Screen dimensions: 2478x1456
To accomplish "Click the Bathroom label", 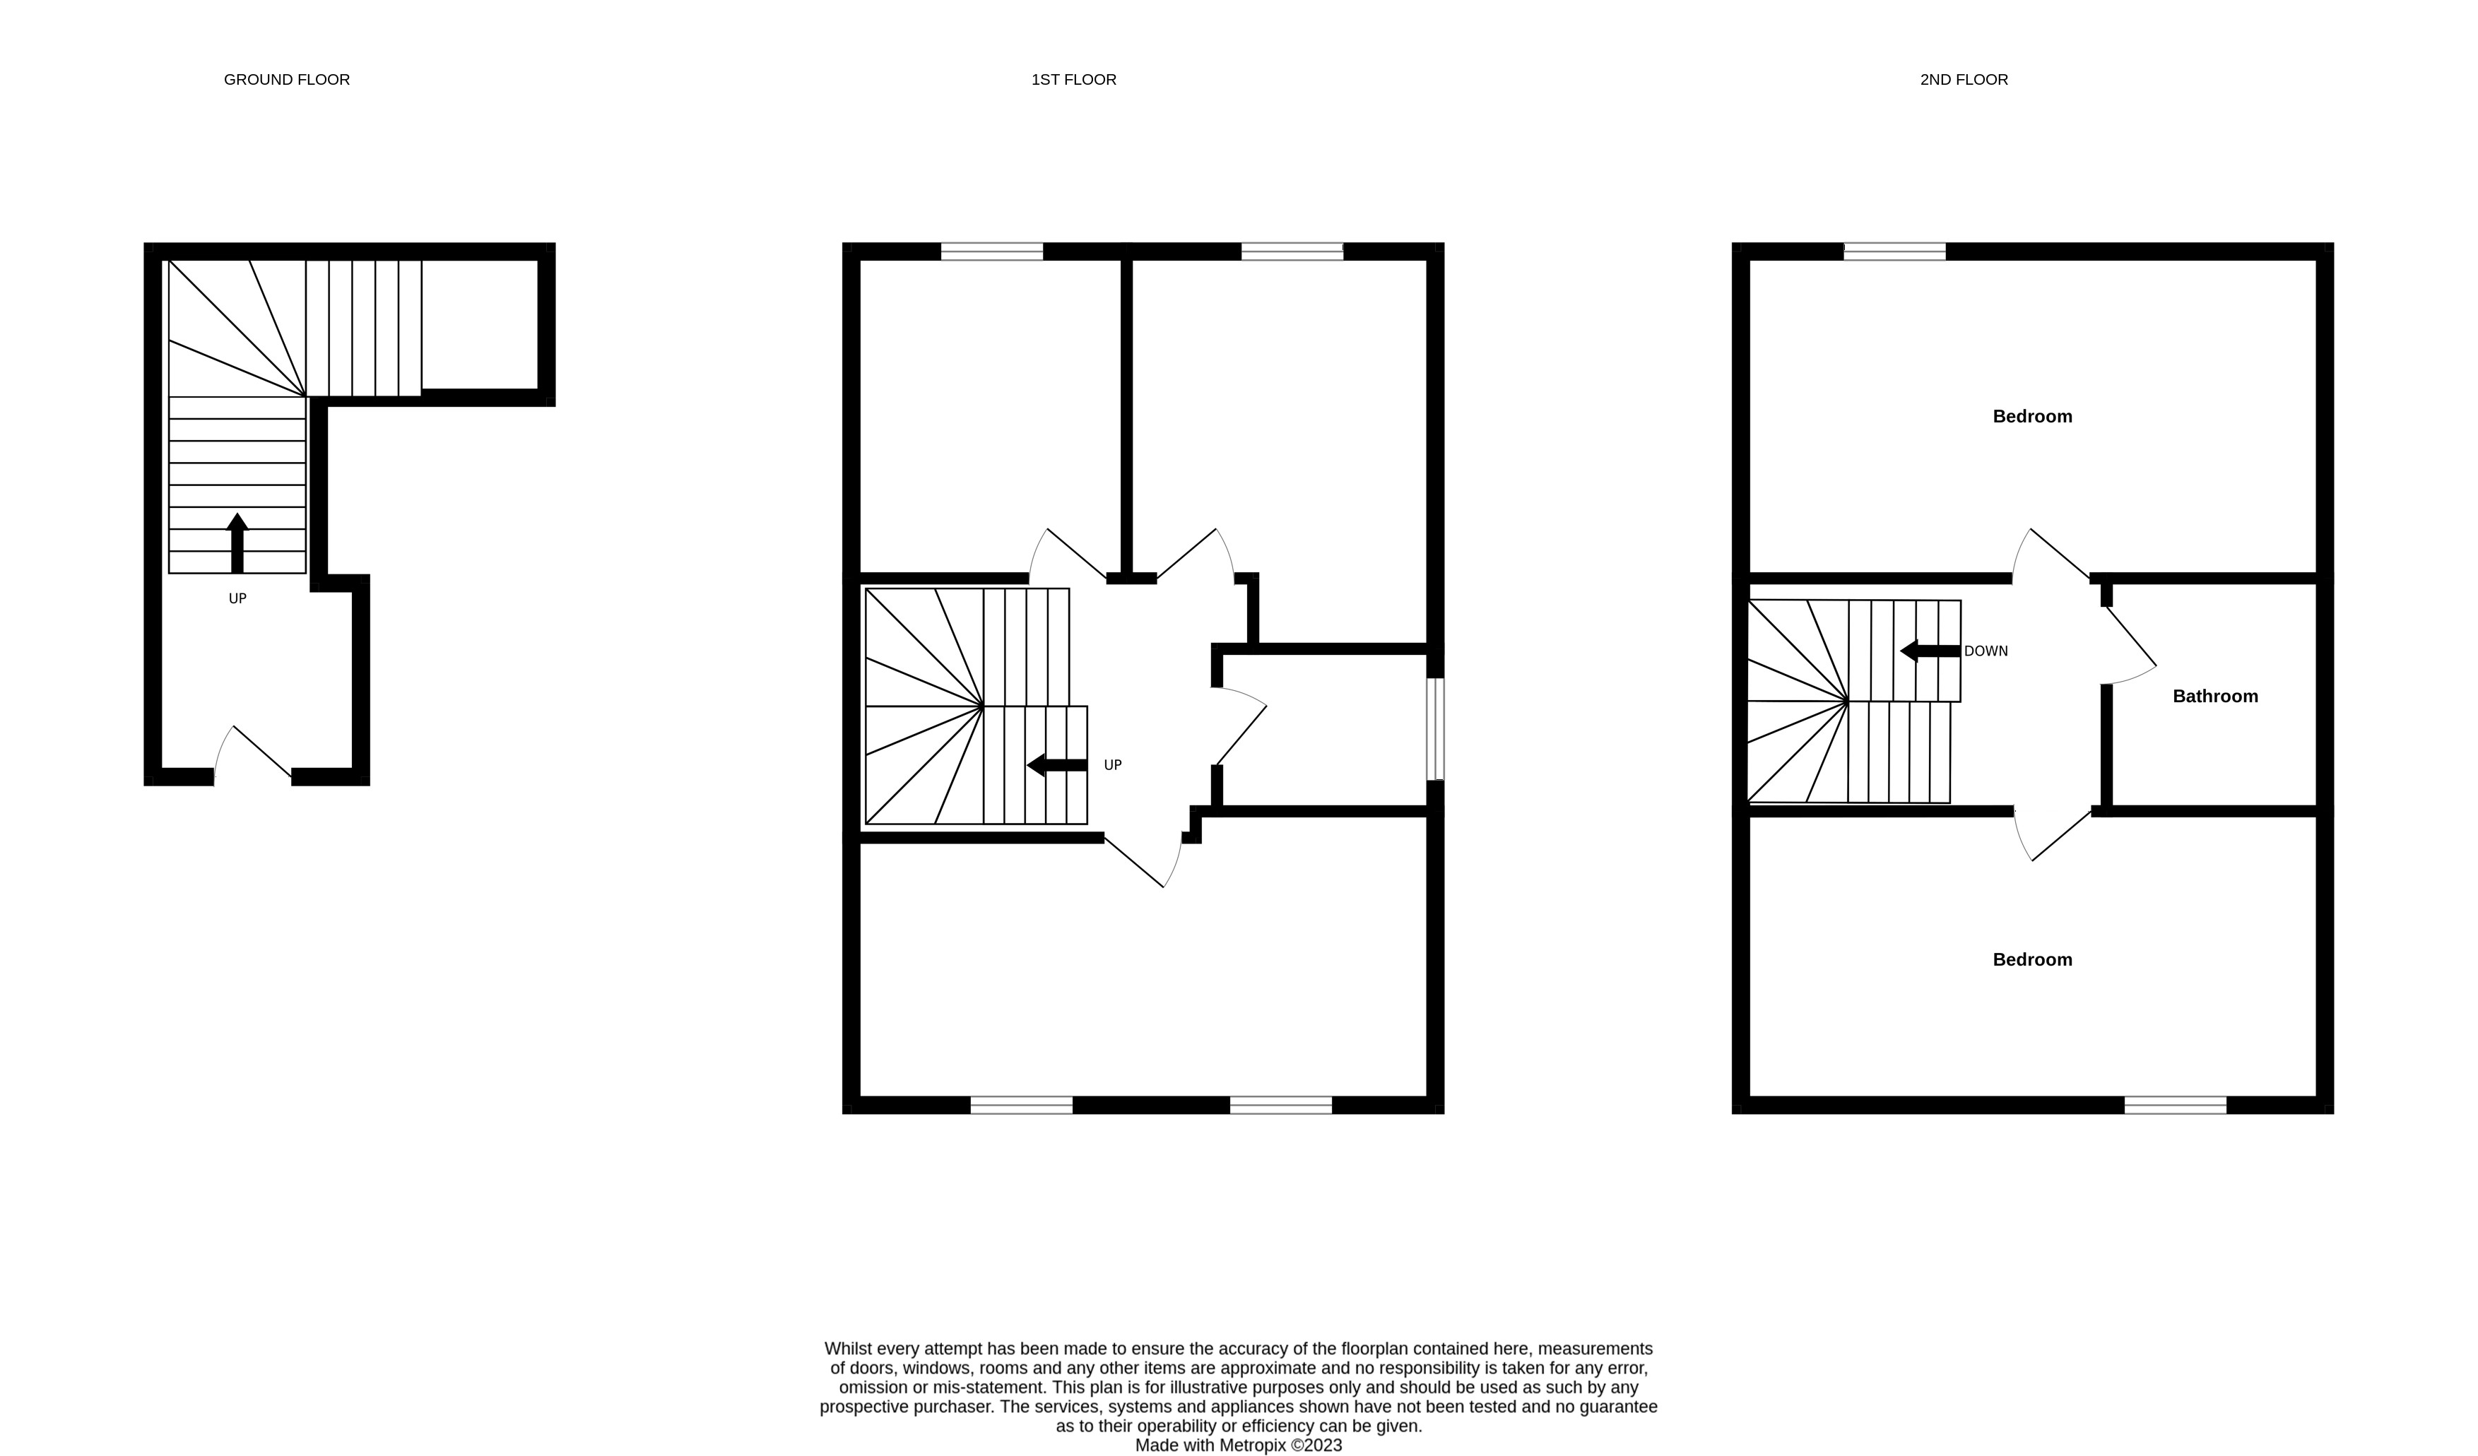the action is click(2215, 696).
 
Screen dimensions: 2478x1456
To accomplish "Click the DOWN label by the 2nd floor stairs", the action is click(1986, 651).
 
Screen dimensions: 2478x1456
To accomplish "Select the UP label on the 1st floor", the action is click(1112, 765).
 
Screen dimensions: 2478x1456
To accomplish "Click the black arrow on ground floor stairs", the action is click(237, 542).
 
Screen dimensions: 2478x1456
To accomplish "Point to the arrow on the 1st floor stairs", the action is click(1057, 765).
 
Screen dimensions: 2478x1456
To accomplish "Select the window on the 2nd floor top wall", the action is click(1894, 251).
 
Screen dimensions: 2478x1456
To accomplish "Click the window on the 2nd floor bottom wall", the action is click(2175, 1105).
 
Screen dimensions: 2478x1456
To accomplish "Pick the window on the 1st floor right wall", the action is click(1436, 728).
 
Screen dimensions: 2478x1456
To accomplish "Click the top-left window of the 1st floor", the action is click(991, 251).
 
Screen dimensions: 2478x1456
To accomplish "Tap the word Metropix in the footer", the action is click(1253, 1445).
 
